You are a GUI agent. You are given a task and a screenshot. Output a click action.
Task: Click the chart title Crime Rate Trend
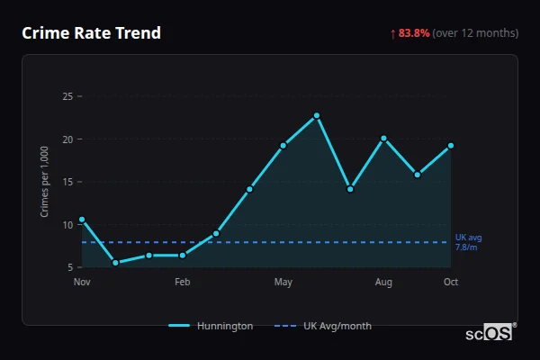point(91,33)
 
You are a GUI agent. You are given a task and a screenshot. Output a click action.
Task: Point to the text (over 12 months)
point(475,33)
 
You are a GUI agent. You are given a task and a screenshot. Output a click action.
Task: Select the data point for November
point(82,220)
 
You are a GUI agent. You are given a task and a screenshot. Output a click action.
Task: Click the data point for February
point(183,255)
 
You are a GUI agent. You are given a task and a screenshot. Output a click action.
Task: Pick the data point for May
point(283,145)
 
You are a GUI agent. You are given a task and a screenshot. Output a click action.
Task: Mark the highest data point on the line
point(317,115)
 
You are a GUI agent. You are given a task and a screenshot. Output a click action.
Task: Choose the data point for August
point(383,138)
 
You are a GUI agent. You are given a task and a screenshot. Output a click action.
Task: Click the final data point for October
point(451,146)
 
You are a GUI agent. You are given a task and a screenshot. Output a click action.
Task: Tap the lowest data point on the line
point(115,263)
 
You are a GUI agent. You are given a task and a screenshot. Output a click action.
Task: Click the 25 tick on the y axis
point(67,96)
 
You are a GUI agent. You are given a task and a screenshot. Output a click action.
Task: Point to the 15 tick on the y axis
point(67,182)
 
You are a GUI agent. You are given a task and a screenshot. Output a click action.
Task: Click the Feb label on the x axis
point(183,283)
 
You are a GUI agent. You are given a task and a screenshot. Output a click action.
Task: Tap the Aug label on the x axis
point(383,283)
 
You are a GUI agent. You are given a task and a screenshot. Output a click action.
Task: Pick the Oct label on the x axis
point(451,283)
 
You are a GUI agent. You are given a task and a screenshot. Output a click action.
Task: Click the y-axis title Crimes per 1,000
point(45,182)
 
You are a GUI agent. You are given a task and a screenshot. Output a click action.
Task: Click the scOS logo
point(489,333)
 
